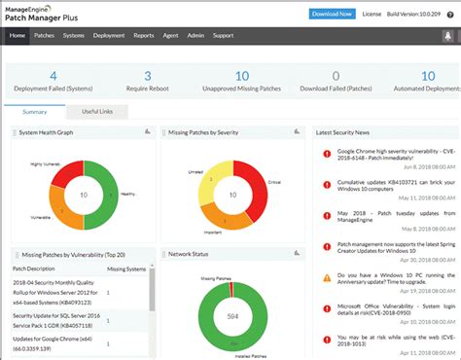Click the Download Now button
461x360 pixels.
332,14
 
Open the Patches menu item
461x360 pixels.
44,35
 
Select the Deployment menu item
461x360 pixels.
109,35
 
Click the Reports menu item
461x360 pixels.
144,35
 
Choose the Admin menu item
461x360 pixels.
195,35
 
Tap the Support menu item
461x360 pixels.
223,35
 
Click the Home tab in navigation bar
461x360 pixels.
18,35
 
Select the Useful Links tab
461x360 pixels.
96,112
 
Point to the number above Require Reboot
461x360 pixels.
147,75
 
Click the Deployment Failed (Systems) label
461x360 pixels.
53,88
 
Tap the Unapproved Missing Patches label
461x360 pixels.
242,88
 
